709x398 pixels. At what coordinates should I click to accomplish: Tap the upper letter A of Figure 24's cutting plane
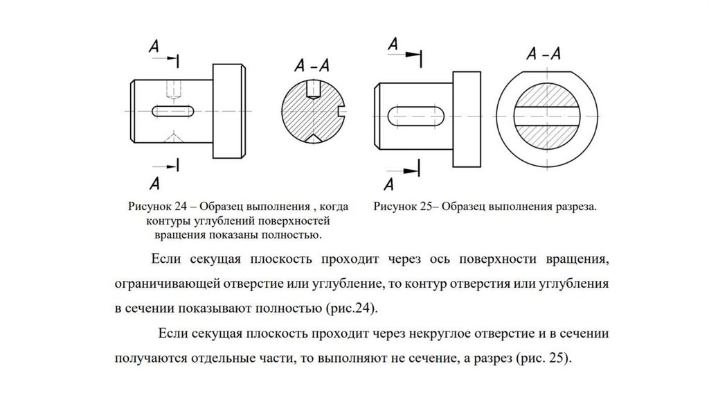(154, 46)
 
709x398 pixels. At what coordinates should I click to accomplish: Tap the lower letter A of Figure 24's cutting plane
(154, 183)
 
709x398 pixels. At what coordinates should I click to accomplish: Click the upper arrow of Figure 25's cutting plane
(411, 53)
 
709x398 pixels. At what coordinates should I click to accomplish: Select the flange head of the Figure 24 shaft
(228, 109)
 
